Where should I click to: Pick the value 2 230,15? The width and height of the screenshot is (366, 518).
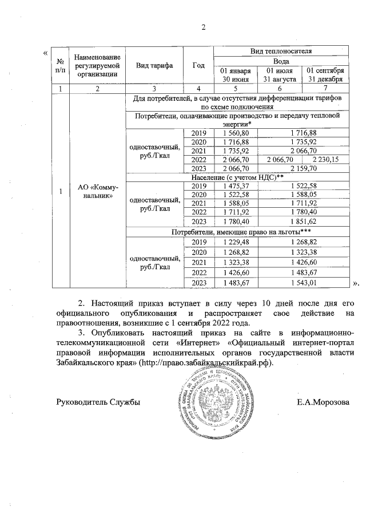(x=325, y=159)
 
